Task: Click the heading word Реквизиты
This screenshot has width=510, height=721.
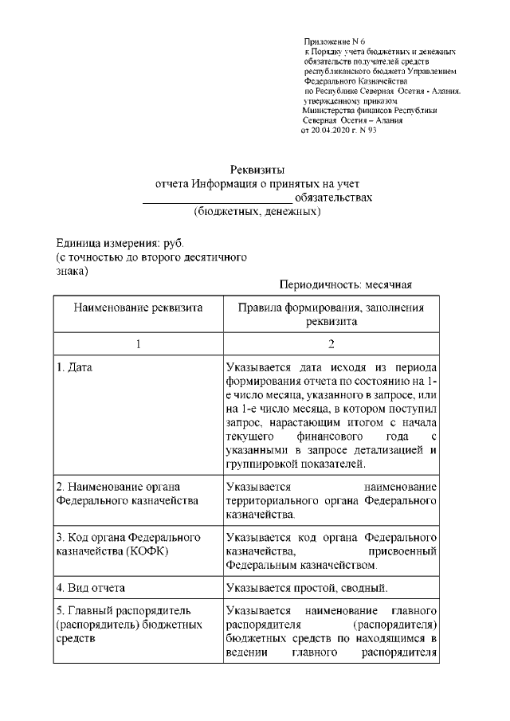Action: (x=257, y=170)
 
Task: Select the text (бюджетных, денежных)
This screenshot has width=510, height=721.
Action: (x=257, y=214)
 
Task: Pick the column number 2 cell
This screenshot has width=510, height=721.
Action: (x=331, y=344)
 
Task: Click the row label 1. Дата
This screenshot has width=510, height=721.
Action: (x=78, y=369)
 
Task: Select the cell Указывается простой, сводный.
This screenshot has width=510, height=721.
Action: (x=306, y=589)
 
